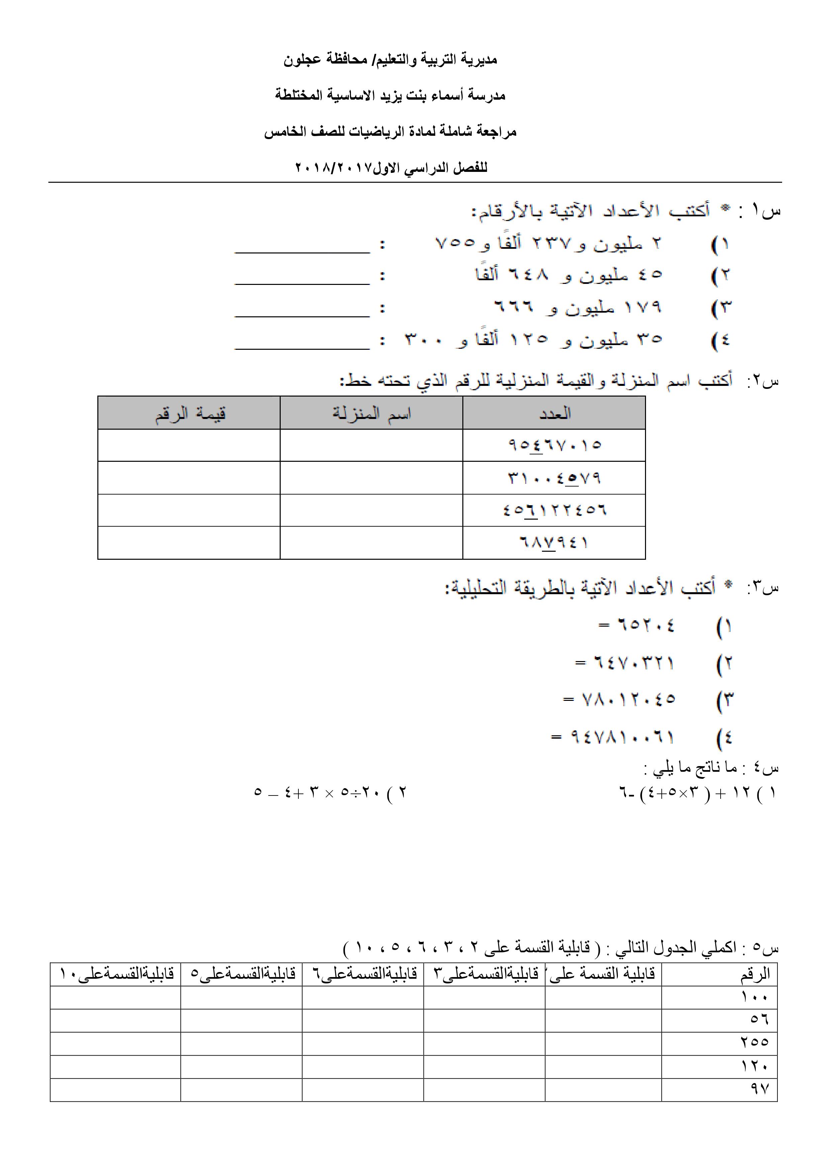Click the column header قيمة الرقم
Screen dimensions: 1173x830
[x=190, y=413]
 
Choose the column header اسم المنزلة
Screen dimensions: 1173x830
[x=372, y=413]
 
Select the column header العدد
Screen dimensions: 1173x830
[x=555, y=413]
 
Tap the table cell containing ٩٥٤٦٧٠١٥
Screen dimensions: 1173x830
[x=555, y=445]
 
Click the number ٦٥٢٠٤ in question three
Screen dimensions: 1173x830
[x=647, y=625]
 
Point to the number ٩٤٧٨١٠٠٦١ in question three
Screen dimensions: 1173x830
[x=623, y=737]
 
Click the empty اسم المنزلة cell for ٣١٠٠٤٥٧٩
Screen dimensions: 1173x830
[x=372, y=478]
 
